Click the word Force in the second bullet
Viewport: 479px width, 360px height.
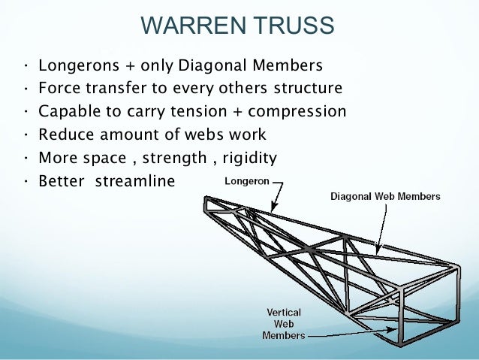[58, 88]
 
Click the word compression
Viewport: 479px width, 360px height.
[300, 112]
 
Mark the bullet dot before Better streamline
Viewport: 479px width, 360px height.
[26, 183]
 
